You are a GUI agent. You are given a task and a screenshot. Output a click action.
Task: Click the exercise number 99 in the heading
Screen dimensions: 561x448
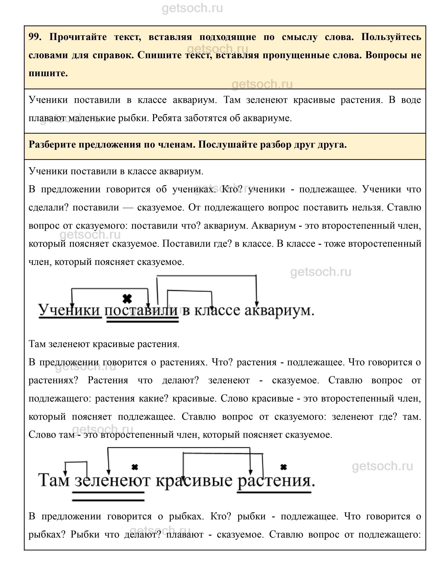(34, 37)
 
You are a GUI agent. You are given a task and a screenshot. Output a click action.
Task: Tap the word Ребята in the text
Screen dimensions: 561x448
(166, 118)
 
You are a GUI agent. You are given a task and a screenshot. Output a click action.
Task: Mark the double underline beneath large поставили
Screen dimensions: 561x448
(143, 321)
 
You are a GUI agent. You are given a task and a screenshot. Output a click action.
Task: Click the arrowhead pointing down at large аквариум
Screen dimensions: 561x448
(257, 304)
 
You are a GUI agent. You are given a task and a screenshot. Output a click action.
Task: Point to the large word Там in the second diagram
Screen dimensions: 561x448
(54, 480)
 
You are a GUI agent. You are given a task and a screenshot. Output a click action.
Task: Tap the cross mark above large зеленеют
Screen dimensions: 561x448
(135, 467)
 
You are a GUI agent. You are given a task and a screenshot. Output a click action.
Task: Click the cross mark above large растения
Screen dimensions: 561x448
(283, 467)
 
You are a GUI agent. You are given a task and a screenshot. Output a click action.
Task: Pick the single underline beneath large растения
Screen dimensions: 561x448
(274, 492)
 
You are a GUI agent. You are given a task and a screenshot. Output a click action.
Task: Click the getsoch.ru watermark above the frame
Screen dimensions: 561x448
(192, 8)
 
